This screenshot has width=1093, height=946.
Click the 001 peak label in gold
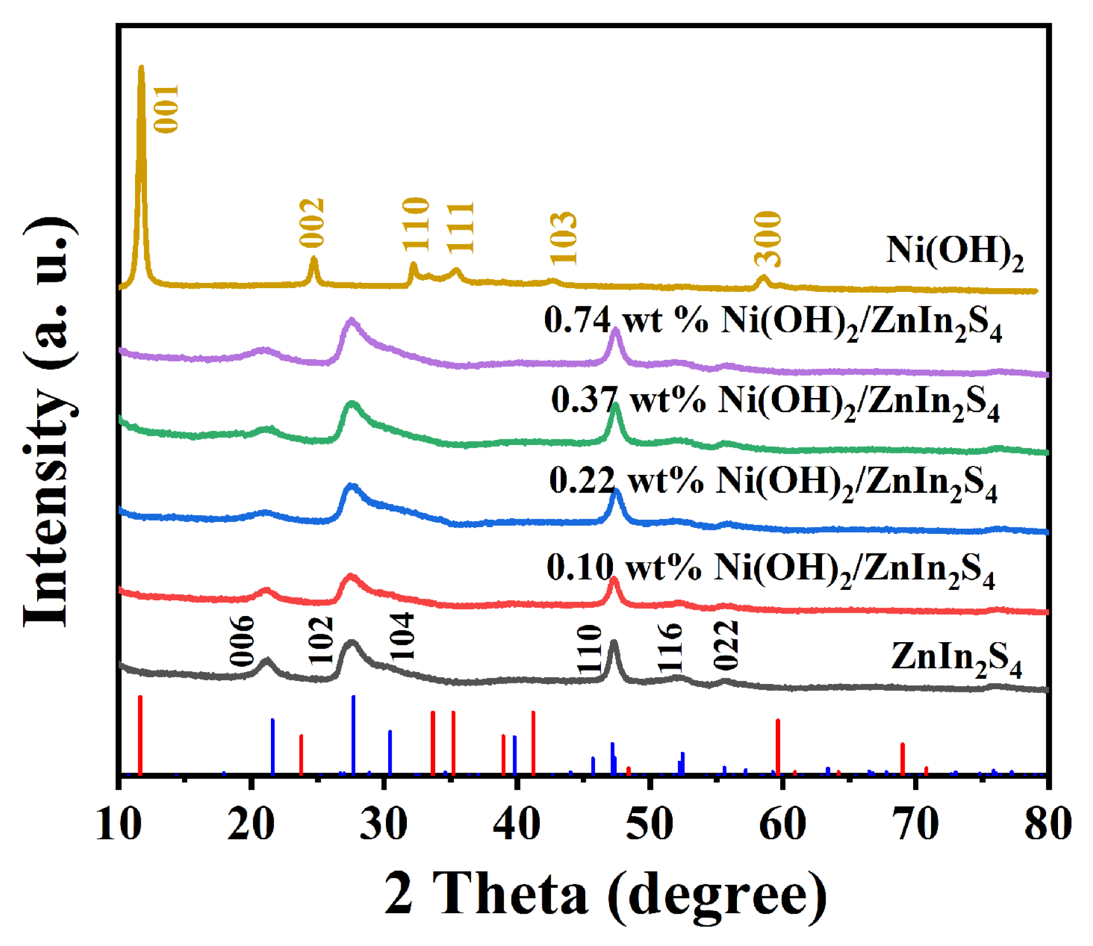[x=166, y=108]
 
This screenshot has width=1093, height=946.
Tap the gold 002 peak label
[x=312, y=223]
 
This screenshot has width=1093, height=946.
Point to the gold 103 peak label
[x=564, y=238]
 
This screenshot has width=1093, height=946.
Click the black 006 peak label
[x=242, y=641]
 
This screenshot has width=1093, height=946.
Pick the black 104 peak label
[x=402, y=636]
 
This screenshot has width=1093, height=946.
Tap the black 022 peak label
[x=726, y=645]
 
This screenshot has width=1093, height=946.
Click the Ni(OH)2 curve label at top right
[x=954, y=252]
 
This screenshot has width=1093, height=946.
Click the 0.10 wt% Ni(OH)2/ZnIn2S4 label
[x=770, y=569]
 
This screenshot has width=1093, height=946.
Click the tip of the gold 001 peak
[x=141, y=67]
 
